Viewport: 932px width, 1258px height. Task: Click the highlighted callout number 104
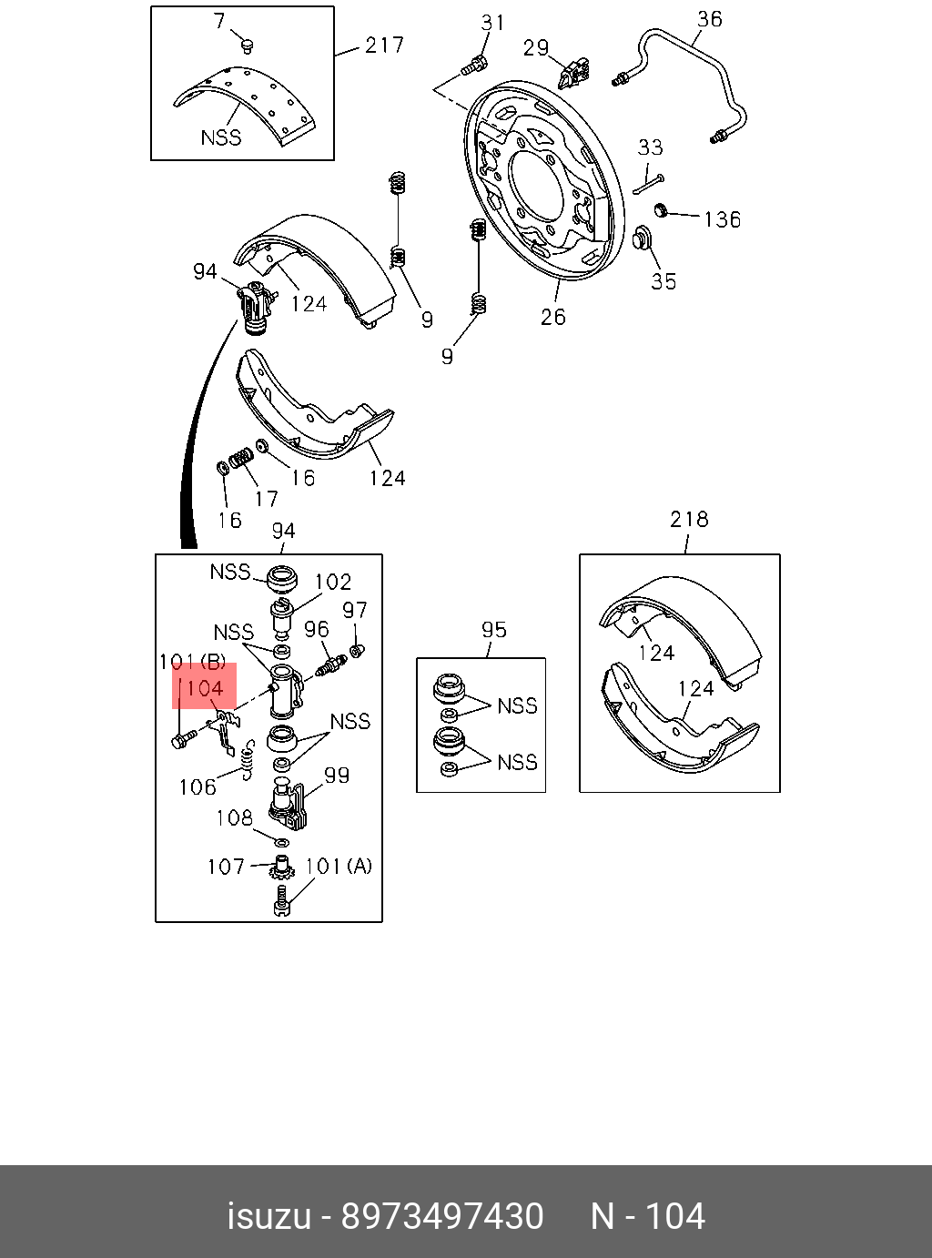[205, 688]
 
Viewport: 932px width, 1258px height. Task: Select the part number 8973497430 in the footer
[441, 1217]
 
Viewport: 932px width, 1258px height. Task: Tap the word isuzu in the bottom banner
[268, 1217]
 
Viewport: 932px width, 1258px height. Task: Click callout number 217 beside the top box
[384, 45]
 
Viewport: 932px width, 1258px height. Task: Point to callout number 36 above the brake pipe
[709, 19]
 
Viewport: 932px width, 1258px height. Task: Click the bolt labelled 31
[473, 65]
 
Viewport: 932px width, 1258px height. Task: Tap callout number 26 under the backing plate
[552, 317]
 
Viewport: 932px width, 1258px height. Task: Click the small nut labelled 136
[663, 211]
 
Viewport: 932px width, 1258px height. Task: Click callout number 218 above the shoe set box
[689, 520]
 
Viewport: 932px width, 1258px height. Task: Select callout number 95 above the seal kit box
[494, 630]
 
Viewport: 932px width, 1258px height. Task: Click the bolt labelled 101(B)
[179, 741]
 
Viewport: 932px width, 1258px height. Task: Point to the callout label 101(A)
[338, 866]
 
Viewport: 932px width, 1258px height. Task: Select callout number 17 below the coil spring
[266, 499]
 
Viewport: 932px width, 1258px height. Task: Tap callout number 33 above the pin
[650, 147]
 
